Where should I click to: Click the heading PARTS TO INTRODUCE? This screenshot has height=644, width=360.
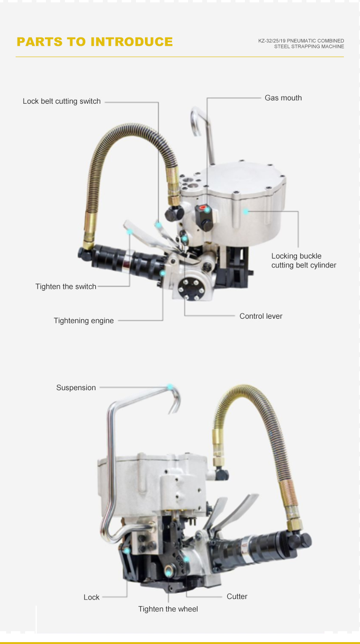[x=95, y=42]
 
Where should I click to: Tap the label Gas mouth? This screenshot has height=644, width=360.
[x=283, y=98]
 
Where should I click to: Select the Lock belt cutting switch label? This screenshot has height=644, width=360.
[x=62, y=101]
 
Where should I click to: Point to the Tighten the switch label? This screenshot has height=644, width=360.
[x=66, y=286]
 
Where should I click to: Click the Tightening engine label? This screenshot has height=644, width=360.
[x=84, y=321]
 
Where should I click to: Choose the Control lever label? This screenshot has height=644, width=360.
[x=261, y=316]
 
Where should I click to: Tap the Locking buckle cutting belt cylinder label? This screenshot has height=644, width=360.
[x=304, y=260]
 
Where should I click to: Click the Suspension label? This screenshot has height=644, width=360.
[x=76, y=387]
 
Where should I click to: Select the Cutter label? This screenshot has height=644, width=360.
[x=237, y=596]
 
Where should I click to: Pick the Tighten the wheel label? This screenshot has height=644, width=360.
[x=168, y=609]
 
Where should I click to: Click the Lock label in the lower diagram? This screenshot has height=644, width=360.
[x=91, y=597]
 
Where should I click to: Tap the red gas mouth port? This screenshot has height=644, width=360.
[x=203, y=207]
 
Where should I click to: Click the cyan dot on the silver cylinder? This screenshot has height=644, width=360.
[x=245, y=212]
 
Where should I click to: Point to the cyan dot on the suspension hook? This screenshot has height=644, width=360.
[x=170, y=387]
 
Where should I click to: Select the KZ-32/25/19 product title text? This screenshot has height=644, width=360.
[x=301, y=44]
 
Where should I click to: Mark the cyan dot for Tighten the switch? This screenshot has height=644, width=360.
[x=130, y=232]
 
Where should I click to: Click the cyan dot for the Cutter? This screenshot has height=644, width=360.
[x=186, y=559]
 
